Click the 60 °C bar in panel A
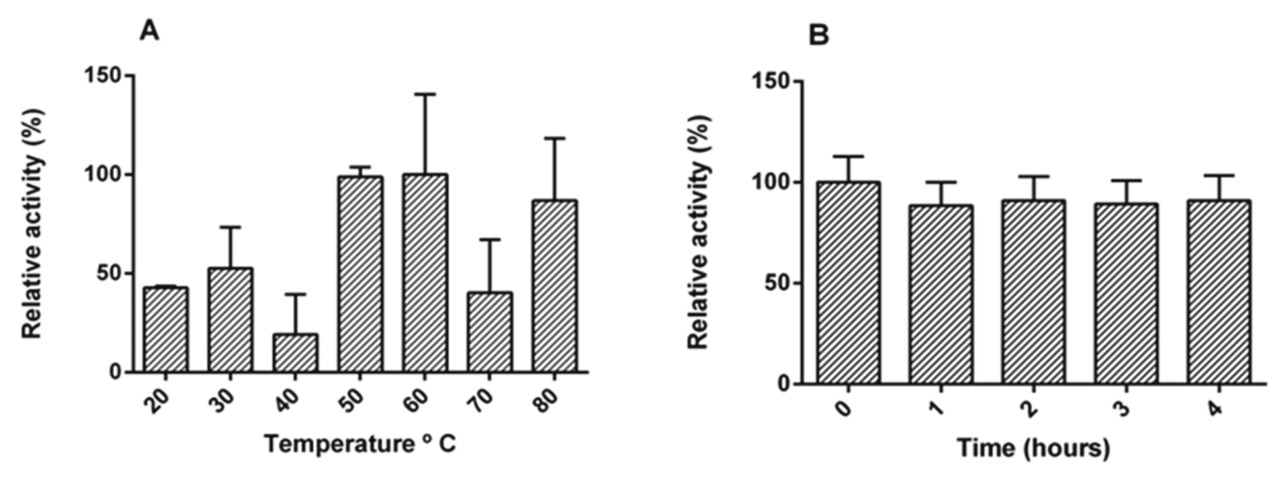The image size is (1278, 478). (425, 273)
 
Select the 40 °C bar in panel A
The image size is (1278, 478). (296, 353)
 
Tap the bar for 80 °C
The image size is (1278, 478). (554, 286)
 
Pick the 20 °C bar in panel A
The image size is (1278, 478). (166, 330)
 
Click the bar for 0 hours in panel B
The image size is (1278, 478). (848, 283)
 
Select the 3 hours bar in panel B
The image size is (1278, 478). (1126, 293)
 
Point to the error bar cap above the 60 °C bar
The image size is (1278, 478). (425, 94)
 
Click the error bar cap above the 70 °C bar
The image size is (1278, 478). (490, 239)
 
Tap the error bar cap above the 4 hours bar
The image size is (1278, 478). (1219, 175)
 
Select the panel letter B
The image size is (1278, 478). (818, 34)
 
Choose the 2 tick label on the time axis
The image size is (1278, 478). (1029, 409)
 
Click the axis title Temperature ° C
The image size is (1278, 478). (360, 444)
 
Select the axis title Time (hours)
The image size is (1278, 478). (1033, 448)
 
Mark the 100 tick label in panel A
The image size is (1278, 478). (102, 175)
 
